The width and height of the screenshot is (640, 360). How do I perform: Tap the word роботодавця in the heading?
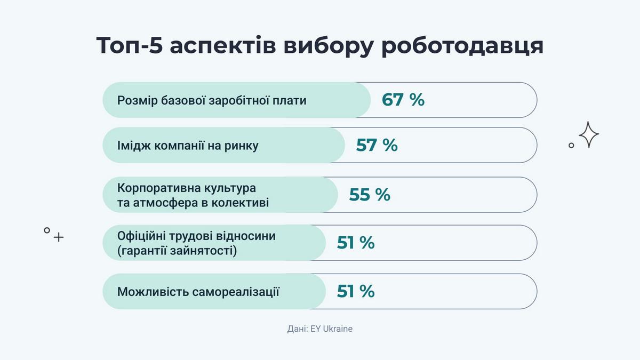tap(463, 46)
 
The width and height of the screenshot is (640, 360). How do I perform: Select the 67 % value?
tap(403, 100)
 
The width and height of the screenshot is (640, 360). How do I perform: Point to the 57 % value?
tap(377, 145)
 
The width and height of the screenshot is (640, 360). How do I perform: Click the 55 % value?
tap(370, 195)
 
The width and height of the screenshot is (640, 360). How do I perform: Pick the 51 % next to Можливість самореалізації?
tap(356, 291)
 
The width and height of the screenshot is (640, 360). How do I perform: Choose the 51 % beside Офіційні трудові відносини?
tap(356, 243)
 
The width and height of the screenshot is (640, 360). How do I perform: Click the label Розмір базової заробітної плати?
tap(212, 100)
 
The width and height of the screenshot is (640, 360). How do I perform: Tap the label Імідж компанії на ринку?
tap(188, 146)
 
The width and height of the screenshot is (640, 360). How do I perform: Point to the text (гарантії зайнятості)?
tap(177, 250)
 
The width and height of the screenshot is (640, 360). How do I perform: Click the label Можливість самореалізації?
tap(198, 292)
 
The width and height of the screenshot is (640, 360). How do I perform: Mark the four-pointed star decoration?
tap(589, 135)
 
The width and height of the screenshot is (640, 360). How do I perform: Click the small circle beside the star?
tap(571, 145)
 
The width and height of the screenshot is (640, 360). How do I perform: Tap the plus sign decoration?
tap(59, 237)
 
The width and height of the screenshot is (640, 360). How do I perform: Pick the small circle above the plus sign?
tap(47, 230)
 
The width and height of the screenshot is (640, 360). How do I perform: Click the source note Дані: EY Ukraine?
tap(319, 329)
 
